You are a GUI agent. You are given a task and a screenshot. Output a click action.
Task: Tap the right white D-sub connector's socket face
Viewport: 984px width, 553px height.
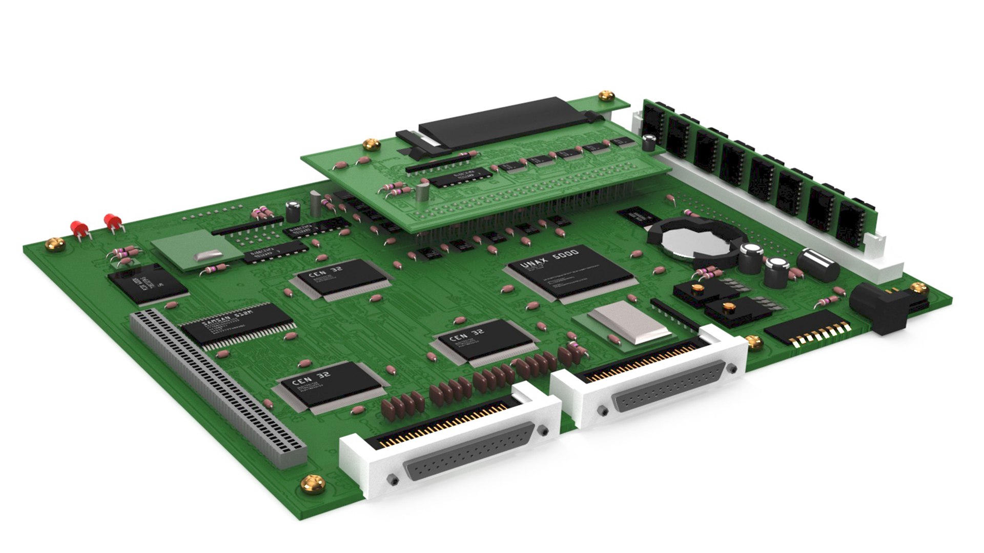coord(669,387)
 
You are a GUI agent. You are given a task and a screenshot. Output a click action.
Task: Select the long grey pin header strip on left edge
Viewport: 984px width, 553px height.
coord(215,387)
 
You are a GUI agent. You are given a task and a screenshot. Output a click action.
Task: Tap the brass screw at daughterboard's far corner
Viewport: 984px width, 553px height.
coord(606,96)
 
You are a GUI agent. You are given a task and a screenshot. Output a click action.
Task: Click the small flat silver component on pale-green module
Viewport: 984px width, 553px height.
coord(208,254)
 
